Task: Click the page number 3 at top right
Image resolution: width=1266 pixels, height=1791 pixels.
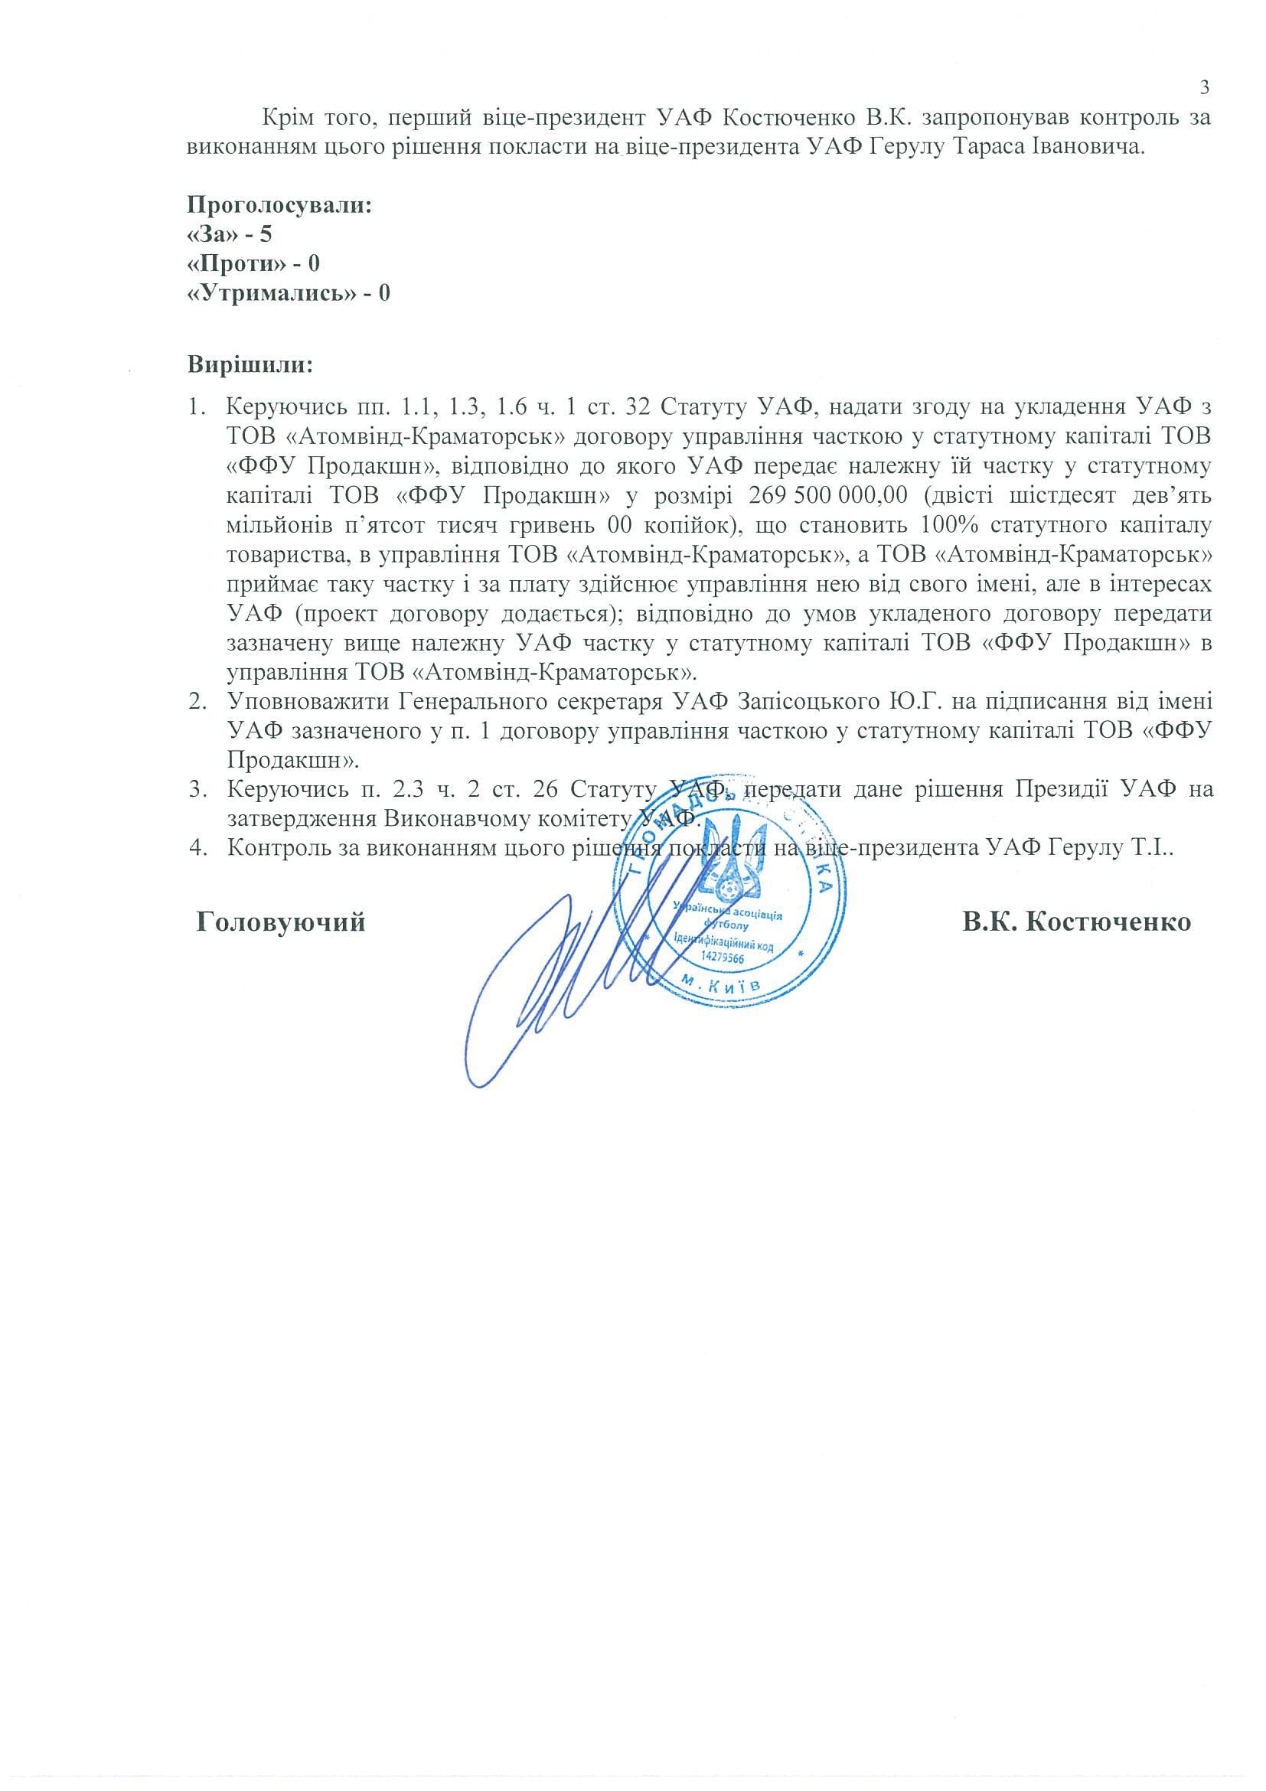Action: [x=1203, y=87]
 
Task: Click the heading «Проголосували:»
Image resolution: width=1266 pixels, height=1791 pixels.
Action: [x=279, y=206]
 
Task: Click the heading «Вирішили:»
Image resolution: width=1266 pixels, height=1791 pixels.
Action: [x=250, y=364]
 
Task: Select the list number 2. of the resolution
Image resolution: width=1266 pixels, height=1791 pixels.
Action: [x=197, y=701]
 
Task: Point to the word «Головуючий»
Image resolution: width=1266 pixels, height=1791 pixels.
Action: [x=280, y=922]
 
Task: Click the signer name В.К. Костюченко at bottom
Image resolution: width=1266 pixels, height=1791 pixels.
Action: [x=1076, y=922]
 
